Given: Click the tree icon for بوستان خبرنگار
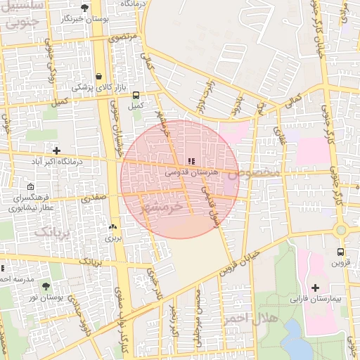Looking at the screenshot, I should (85, 8).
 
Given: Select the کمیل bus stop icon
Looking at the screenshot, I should (135, 95).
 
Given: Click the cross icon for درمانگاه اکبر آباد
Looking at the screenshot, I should (57, 150).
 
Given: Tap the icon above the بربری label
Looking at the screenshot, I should (112, 227).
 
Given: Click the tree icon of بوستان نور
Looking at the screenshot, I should (46, 286).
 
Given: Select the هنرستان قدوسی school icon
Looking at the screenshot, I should (192, 161).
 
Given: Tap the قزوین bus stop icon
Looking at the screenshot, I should (340, 252).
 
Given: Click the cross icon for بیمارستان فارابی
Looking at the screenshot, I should (315, 288).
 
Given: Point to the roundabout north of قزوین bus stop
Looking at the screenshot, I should (342, 230).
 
